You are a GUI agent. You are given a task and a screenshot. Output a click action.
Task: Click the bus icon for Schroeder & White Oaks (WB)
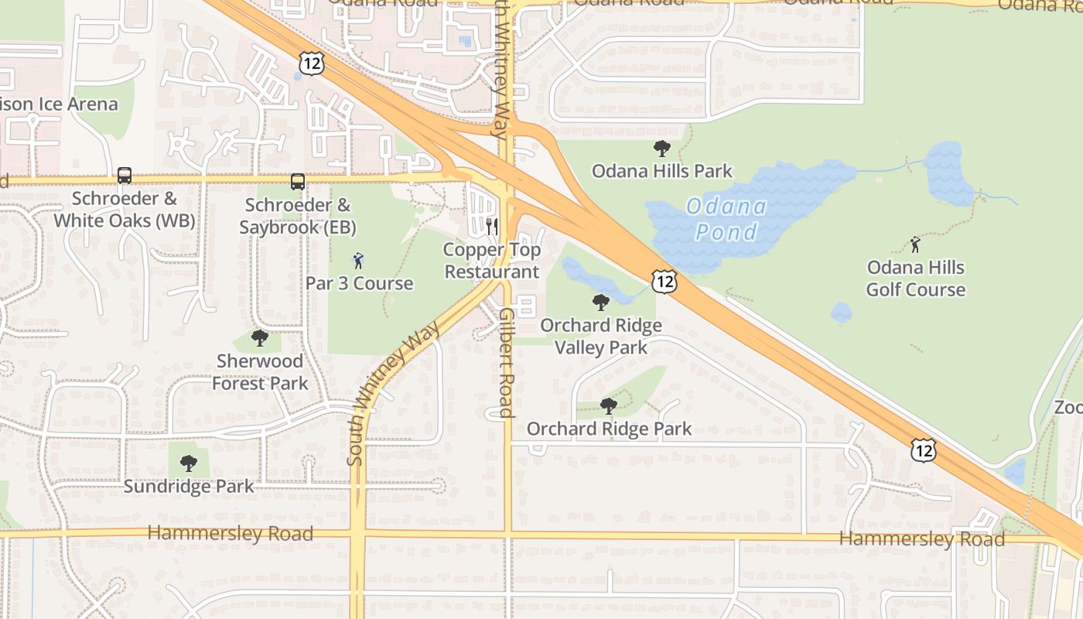point(125,176)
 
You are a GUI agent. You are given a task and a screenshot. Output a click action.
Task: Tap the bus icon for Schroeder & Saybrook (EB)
point(298,182)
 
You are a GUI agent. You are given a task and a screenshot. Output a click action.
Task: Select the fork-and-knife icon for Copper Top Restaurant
point(492,227)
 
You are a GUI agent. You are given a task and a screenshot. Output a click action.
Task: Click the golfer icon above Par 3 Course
point(358,260)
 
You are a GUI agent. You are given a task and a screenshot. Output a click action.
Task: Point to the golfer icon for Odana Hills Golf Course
point(916,245)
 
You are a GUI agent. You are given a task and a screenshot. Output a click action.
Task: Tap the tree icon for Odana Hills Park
point(661,148)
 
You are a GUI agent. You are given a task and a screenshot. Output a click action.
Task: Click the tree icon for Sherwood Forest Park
point(260,338)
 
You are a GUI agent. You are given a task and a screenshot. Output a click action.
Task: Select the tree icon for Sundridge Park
point(188,463)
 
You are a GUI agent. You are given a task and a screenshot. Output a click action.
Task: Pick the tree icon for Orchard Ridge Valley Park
point(600,303)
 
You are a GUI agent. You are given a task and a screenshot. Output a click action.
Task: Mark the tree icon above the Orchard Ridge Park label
point(609,405)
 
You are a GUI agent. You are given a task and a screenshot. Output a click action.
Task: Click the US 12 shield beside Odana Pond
point(664,282)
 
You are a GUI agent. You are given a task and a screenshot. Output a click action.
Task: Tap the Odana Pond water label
point(726,219)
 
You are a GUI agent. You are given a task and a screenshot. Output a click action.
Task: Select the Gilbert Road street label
point(507,363)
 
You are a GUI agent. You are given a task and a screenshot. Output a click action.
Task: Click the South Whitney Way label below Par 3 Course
point(392,393)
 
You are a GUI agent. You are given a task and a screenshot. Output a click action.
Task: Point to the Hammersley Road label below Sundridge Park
point(231,533)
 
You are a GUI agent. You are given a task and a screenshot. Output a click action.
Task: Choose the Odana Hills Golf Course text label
point(916,279)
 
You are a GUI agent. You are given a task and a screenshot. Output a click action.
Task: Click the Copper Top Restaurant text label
point(492,261)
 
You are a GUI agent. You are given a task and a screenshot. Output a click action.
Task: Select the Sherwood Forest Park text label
point(260,372)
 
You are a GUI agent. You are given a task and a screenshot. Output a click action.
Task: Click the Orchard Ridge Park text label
point(609,429)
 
